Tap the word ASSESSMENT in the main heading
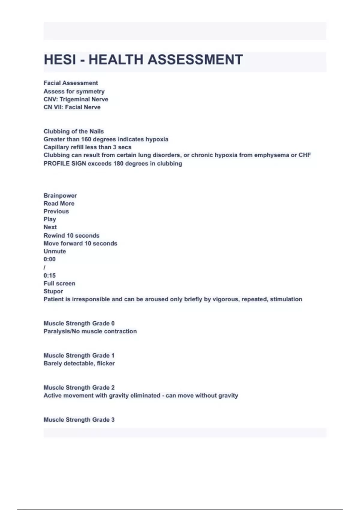pyautogui.click(x=195, y=59)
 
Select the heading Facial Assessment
pyautogui.click(x=71, y=83)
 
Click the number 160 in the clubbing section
pyautogui.click(x=86, y=139)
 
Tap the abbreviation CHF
pyautogui.click(x=304, y=155)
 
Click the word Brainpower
pyautogui.click(x=60, y=196)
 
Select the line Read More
pyautogui.click(x=59, y=204)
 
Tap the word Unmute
pyautogui.click(x=55, y=251)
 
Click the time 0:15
pyautogui.click(x=49, y=275)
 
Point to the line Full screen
pyautogui.click(x=59, y=283)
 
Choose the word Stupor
pyautogui.click(x=53, y=291)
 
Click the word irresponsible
pyautogui.click(x=91, y=299)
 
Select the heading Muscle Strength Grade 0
pyautogui.click(x=79, y=323)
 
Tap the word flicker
pyautogui.click(x=106, y=364)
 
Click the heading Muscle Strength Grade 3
pyautogui.click(x=79, y=420)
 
